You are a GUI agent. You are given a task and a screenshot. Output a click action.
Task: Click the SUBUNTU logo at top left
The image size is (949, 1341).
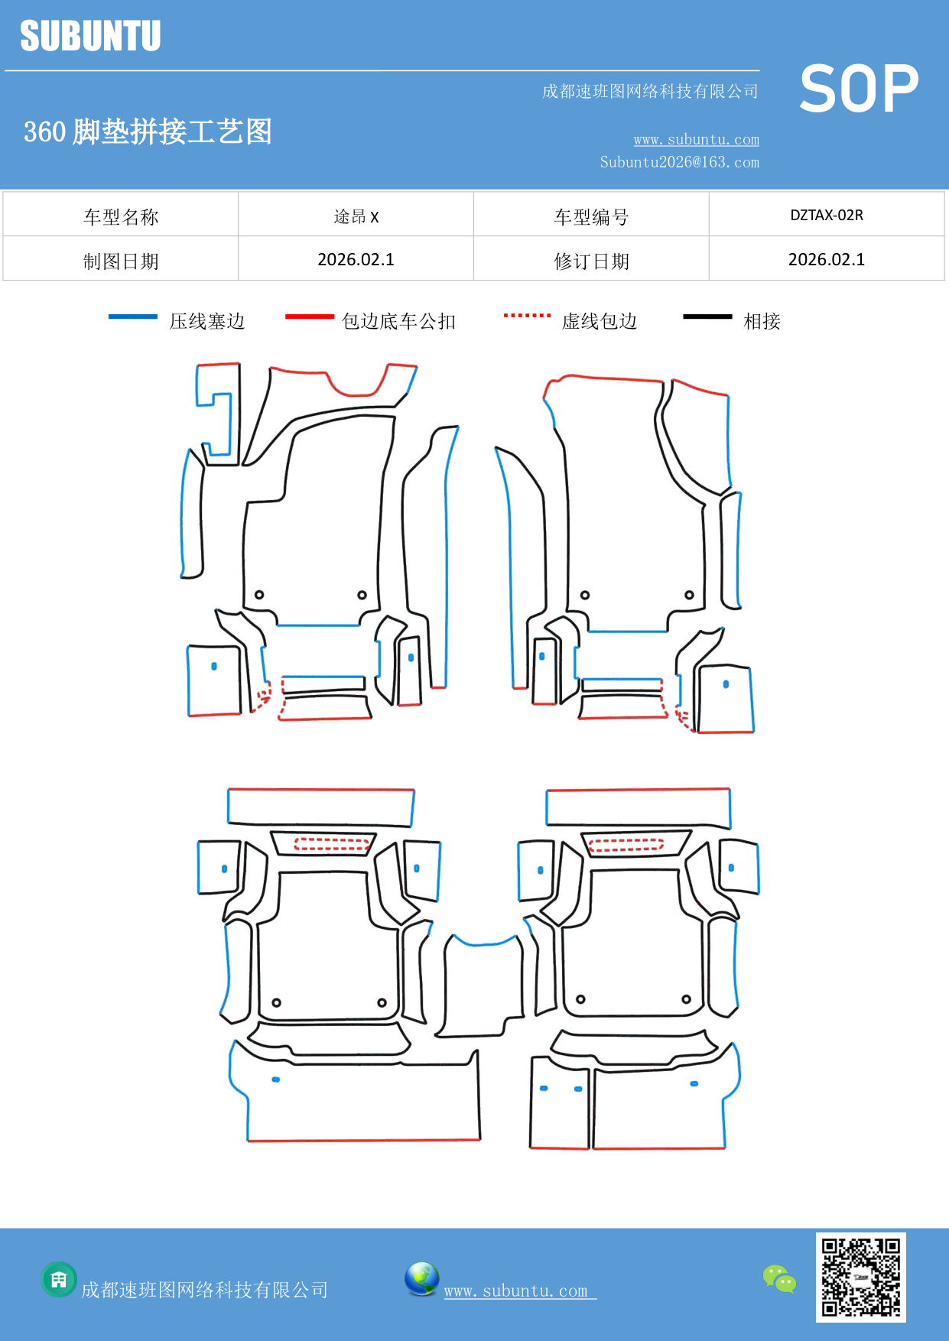click(90, 36)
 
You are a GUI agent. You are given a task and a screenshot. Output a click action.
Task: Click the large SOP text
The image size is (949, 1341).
click(859, 89)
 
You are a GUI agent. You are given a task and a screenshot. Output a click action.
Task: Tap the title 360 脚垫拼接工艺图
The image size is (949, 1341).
click(148, 132)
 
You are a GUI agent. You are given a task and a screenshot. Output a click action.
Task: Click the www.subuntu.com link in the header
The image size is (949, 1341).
click(696, 139)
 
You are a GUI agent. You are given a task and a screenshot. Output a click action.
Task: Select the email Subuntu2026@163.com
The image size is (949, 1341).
click(679, 162)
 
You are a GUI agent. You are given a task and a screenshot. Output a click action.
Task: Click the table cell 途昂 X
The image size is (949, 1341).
click(356, 216)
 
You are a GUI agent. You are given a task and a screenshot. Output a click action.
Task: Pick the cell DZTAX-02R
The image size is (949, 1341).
click(826, 215)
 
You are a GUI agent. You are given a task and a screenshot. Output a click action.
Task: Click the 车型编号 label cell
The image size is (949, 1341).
click(591, 217)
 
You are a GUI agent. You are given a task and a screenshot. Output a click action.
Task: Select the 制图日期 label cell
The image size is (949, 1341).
click(121, 261)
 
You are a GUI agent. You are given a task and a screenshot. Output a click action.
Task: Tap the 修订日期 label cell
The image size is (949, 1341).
click(591, 261)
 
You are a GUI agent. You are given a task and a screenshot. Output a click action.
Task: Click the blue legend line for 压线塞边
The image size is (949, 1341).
click(133, 317)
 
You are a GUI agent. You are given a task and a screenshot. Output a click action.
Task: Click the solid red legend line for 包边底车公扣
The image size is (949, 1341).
click(309, 317)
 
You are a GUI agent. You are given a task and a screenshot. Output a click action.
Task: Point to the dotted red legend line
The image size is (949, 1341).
click(527, 315)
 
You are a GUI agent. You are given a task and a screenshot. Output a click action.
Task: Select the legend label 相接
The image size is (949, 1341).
click(762, 321)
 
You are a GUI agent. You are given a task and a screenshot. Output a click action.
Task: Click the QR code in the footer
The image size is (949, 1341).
click(860, 1277)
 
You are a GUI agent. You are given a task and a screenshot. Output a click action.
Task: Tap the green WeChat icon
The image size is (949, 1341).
click(779, 1278)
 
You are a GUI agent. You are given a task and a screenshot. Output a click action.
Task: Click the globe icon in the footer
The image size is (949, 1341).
click(421, 1279)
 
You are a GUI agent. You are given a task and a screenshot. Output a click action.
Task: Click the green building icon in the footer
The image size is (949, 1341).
click(59, 1279)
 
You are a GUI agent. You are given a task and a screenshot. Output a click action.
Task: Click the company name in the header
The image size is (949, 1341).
click(649, 92)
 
